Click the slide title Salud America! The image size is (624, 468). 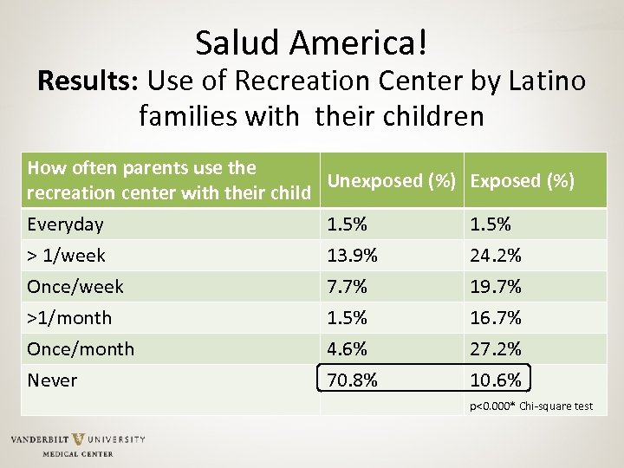click(x=312, y=42)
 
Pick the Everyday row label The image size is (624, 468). click(x=65, y=224)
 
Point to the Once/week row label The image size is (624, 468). click(x=75, y=287)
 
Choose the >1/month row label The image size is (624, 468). click(x=69, y=318)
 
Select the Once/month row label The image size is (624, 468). click(x=81, y=349)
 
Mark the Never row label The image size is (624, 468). click(x=52, y=380)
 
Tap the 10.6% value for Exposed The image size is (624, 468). click(x=496, y=380)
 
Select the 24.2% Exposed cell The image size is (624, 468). click(x=496, y=256)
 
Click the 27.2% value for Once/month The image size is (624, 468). click(x=496, y=349)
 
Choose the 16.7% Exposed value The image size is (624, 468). click(x=496, y=318)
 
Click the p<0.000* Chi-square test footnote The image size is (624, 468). click(x=531, y=406)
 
